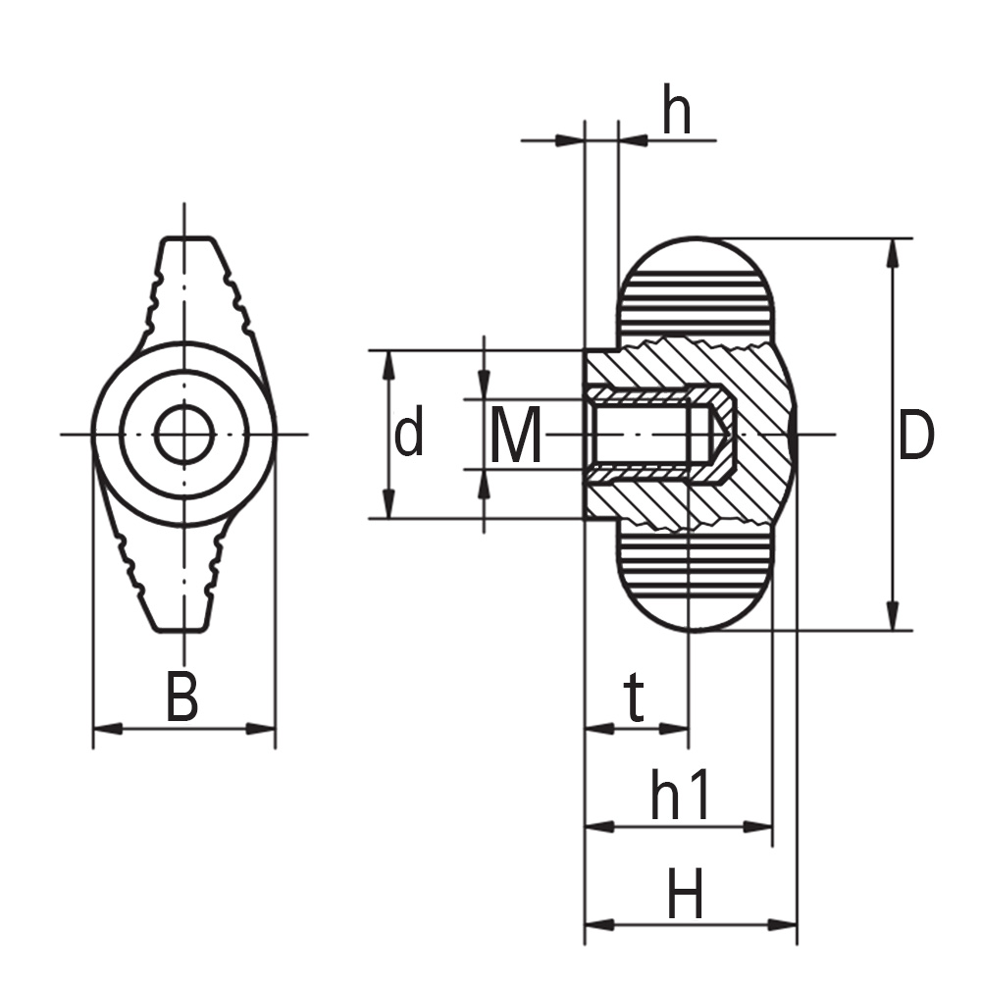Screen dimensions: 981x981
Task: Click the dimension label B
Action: (182, 697)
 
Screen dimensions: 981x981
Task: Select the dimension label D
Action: (915, 437)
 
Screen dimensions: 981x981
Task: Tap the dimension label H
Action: (686, 896)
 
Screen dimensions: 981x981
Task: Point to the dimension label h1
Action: (681, 797)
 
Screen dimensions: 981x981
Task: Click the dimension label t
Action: (636, 699)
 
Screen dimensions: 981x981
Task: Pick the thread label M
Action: (516, 437)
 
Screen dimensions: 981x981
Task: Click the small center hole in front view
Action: (184, 434)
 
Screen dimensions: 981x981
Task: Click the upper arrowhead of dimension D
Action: (892, 251)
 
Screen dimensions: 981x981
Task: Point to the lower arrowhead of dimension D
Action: (892, 618)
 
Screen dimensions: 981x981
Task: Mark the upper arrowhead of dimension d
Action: (389, 361)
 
